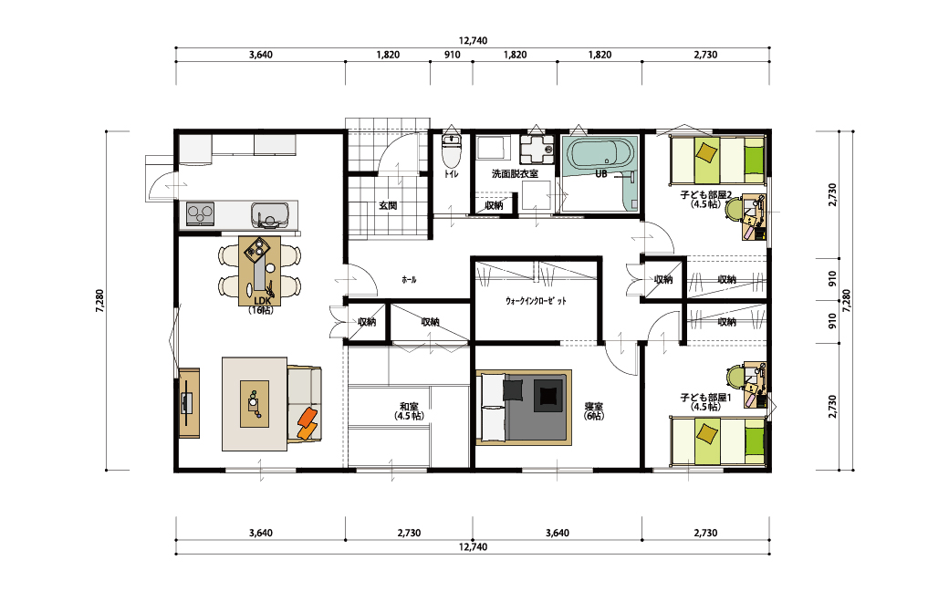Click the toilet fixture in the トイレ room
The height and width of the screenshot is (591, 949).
451,151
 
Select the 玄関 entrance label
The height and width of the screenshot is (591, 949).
388,206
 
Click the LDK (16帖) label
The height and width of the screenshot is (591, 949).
261,306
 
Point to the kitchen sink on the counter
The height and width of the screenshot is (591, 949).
270,214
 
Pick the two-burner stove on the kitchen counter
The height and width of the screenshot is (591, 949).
201,213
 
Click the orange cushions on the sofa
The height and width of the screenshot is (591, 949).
308,423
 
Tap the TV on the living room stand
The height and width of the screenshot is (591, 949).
187,402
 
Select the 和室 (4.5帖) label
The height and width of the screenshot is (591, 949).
409,411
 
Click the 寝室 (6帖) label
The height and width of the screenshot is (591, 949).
594,411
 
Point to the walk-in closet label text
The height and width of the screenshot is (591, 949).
537,301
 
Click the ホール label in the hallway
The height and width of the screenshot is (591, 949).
409,280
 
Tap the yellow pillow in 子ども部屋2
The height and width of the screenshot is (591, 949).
705,151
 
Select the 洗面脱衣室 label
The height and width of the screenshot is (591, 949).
515,174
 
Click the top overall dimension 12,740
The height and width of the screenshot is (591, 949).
474,40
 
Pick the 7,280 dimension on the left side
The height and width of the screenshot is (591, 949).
99,301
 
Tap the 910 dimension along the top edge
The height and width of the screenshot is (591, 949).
452,55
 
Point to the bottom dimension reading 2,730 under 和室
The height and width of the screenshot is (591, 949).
409,533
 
